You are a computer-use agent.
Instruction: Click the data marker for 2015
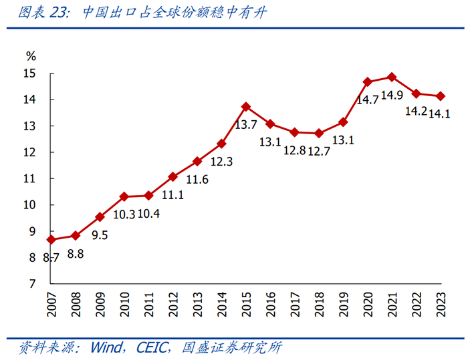(x=246, y=106)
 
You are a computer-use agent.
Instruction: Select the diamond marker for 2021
(x=392, y=77)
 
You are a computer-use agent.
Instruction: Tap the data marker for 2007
(x=51, y=239)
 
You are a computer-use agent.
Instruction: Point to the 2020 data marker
(x=368, y=82)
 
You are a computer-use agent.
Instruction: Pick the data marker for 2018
(x=319, y=134)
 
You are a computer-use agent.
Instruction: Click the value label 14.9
(x=392, y=95)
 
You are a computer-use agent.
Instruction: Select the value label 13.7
(x=246, y=125)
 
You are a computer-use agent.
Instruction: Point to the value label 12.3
(x=221, y=162)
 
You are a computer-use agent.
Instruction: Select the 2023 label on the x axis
(x=441, y=307)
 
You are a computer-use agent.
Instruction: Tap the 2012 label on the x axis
(x=173, y=307)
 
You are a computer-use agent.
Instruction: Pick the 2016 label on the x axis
(x=270, y=307)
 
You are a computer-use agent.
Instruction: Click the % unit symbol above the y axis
(x=31, y=55)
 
